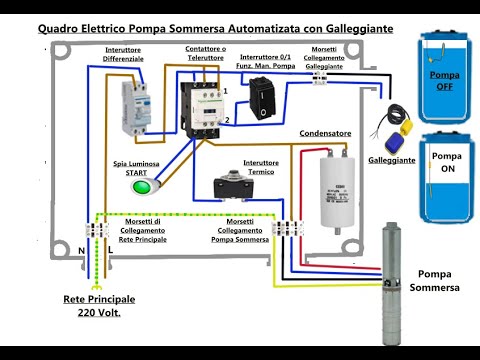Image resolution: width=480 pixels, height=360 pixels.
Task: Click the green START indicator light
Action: coord(141,186)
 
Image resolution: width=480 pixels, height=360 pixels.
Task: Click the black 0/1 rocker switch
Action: coord(262,98)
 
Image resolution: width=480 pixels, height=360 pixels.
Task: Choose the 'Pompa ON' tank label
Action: coord(445,163)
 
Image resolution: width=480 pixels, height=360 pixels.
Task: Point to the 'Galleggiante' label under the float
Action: coord(392,160)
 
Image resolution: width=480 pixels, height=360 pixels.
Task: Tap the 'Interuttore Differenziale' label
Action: coord(124,56)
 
